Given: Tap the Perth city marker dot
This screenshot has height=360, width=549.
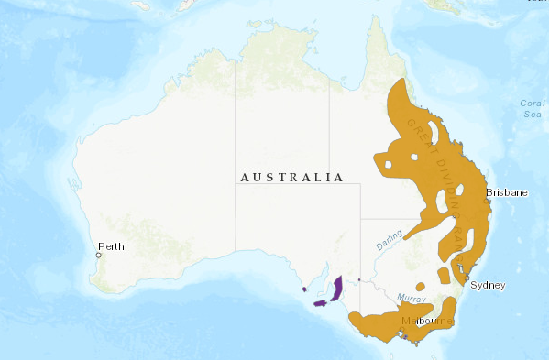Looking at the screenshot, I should [99, 256].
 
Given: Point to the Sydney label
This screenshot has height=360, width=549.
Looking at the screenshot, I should [487, 285].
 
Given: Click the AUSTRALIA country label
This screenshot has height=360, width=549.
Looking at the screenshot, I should [291, 177].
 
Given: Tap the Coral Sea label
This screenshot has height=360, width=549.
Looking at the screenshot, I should [531, 108].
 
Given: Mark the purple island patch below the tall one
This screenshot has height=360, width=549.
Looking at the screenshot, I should [320, 302].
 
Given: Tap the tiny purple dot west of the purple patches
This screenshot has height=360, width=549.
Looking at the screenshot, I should [303, 289].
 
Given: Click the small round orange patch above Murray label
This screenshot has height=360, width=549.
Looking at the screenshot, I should [419, 284].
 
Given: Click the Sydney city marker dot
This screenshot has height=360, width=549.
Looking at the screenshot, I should [467, 277].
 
